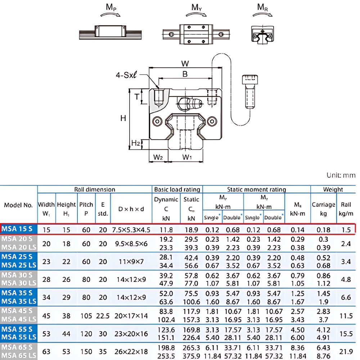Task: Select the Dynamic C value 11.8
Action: click(x=166, y=230)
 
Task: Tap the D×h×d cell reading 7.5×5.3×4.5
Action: click(x=131, y=230)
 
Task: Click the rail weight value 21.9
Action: click(x=346, y=352)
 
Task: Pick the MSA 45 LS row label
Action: click(x=19, y=319)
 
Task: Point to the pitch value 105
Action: click(x=86, y=316)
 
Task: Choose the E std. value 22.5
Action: click(x=103, y=316)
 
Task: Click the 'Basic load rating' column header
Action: click(x=177, y=189)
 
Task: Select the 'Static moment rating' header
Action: click(x=256, y=189)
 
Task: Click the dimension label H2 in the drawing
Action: click(x=135, y=144)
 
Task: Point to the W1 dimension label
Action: click(x=187, y=157)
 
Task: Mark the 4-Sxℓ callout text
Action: click(x=127, y=75)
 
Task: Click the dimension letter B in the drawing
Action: click(x=185, y=74)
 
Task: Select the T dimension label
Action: click(x=137, y=96)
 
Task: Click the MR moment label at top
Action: click(x=262, y=7)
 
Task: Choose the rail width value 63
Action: click(x=46, y=352)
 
